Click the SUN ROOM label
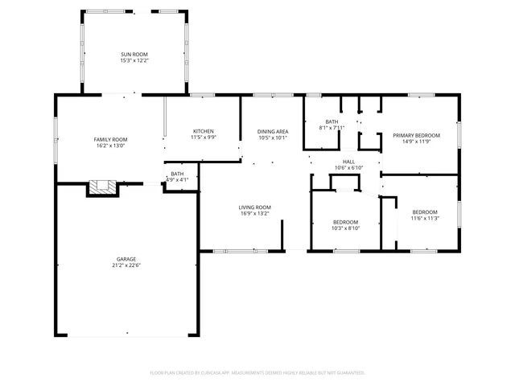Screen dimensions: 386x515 pyautogui.click(x=134, y=54)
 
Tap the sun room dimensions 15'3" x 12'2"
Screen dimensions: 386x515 pyautogui.click(x=134, y=60)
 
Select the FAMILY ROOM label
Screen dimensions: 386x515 pyautogui.click(x=111, y=139)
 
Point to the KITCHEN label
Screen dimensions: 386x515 pyautogui.click(x=203, y=131)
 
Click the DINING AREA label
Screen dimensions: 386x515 pyautogui.click(x=273, y=131)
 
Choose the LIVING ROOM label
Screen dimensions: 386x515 pyautogui.click(x=254, y=207)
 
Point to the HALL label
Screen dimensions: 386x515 pyautogui.click(x=348, y=161)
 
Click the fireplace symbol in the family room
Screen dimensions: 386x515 pyautogui.click(x=102, y=188)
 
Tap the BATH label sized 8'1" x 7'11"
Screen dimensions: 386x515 pyautogui.click(x=331, y=121)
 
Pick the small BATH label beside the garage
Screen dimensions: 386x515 pyautogui.click(x=177, y=174)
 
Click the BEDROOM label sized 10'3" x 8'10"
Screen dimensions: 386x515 pyautogui.click(x=346, y=221)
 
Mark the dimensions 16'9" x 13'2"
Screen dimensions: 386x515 pyautogui.click(x=254, y=214)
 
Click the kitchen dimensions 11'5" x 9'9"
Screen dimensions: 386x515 pyautogui.click(x=203, y=138)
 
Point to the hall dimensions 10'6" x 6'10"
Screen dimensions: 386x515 pyautogui.click(x=348, y=167)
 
